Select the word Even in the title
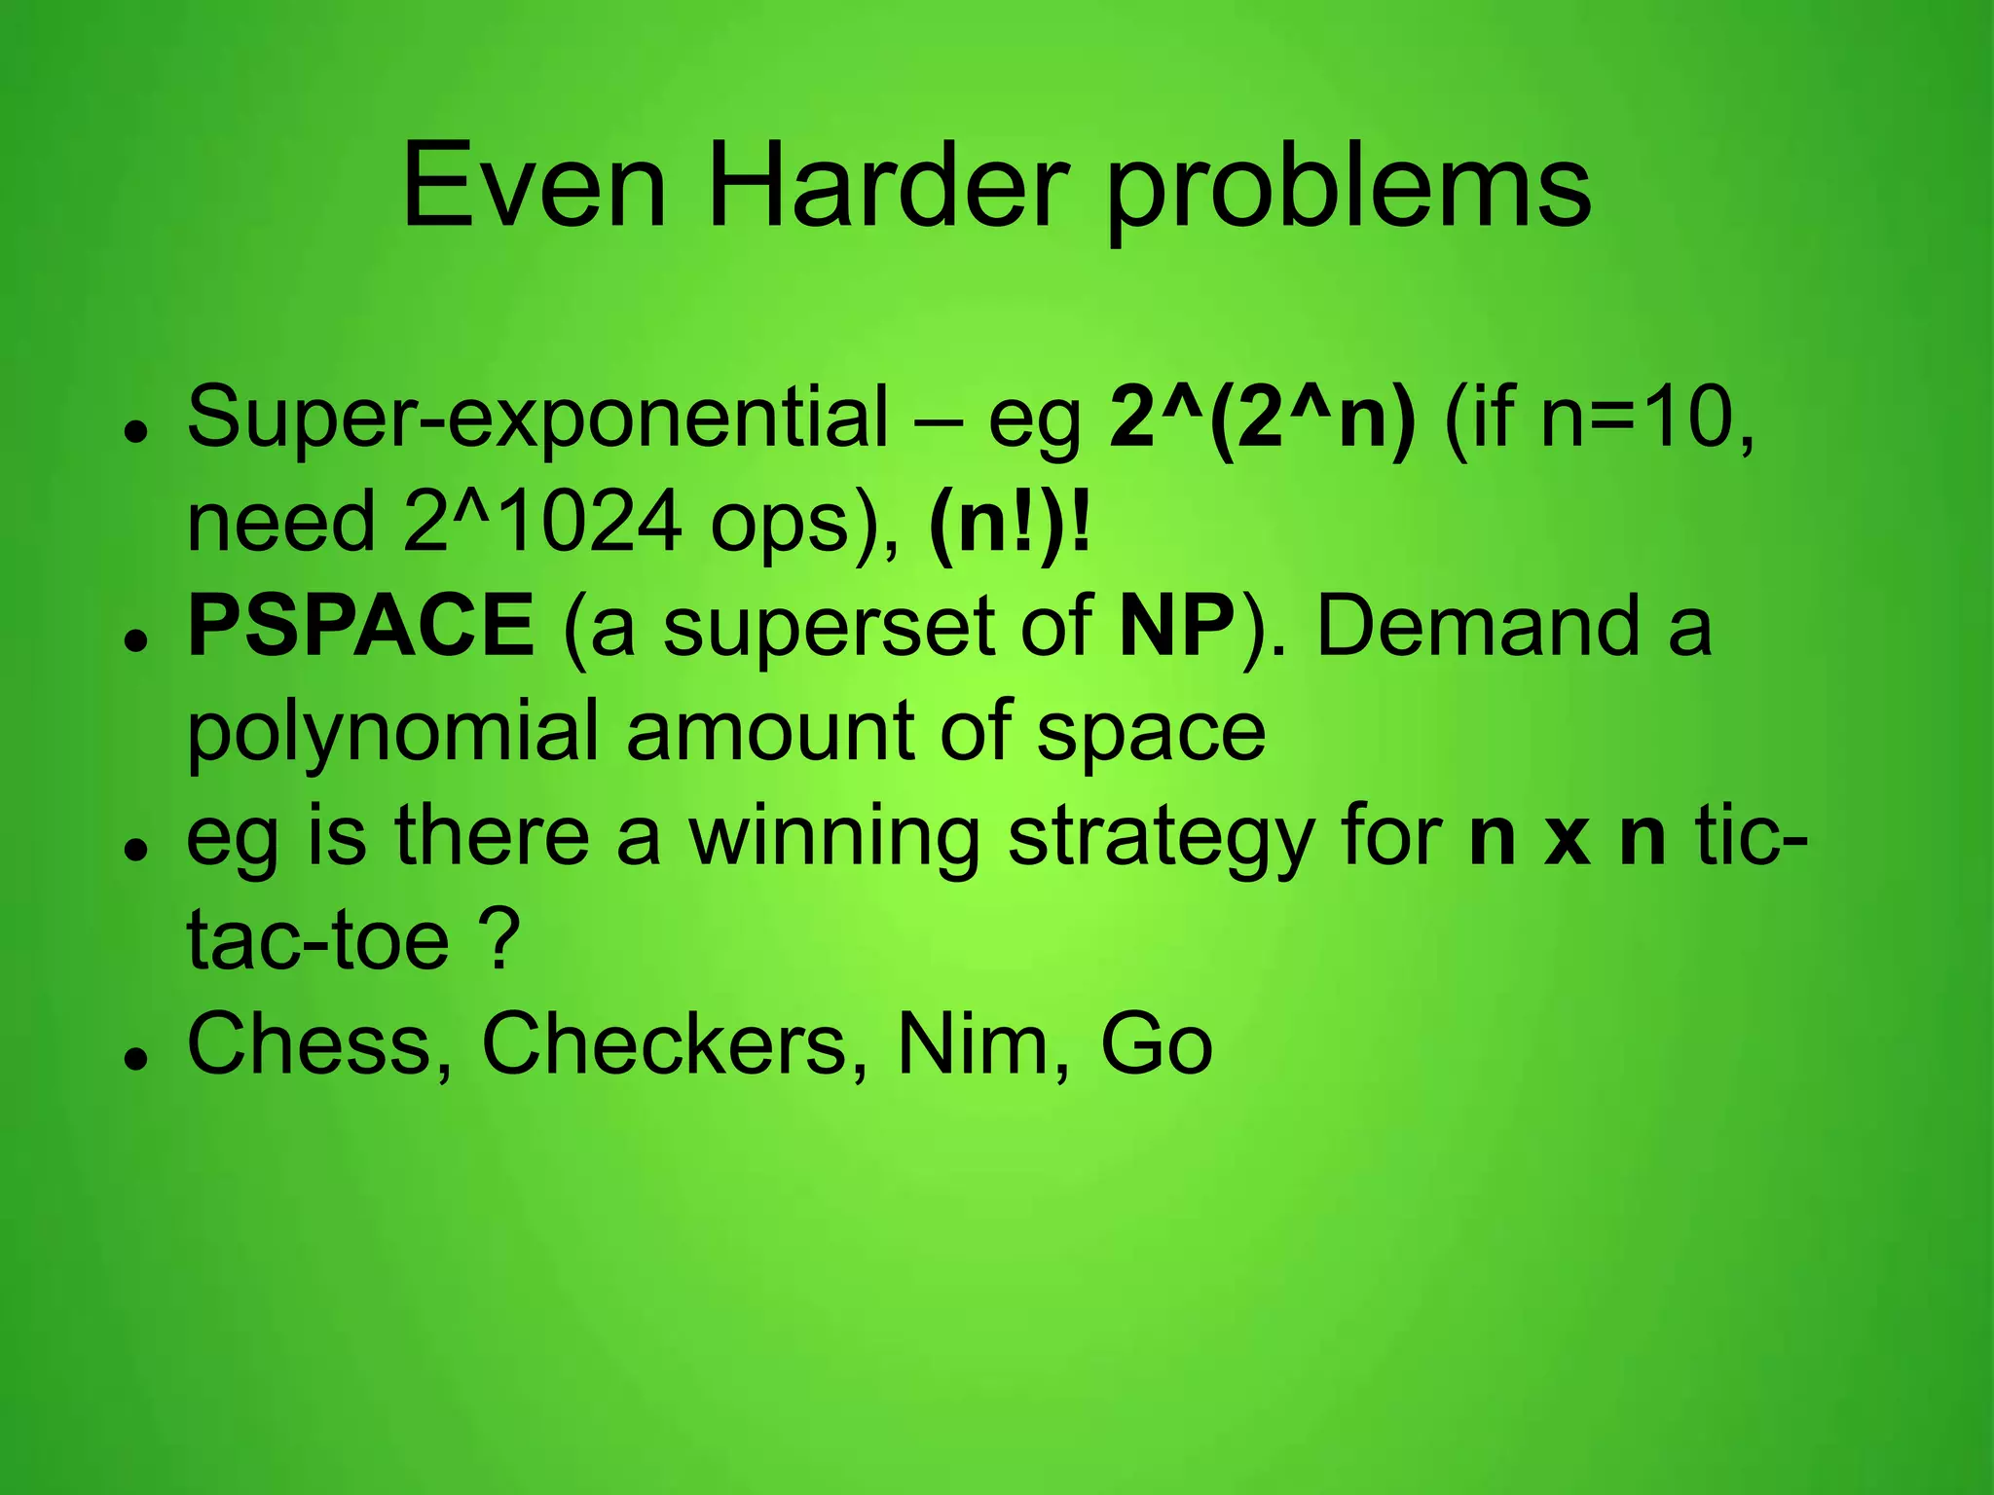click(x=534, y=185)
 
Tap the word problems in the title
click(x=1348, y=190)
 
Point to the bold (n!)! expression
click(x=1011, y=524)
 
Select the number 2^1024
click(x=542, y=522)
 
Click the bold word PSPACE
click(x=360, y=626)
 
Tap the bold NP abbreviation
click(x=1176, y=626)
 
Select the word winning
click(x=833, y=837)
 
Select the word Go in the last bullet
click(x=1156, y=1044)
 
